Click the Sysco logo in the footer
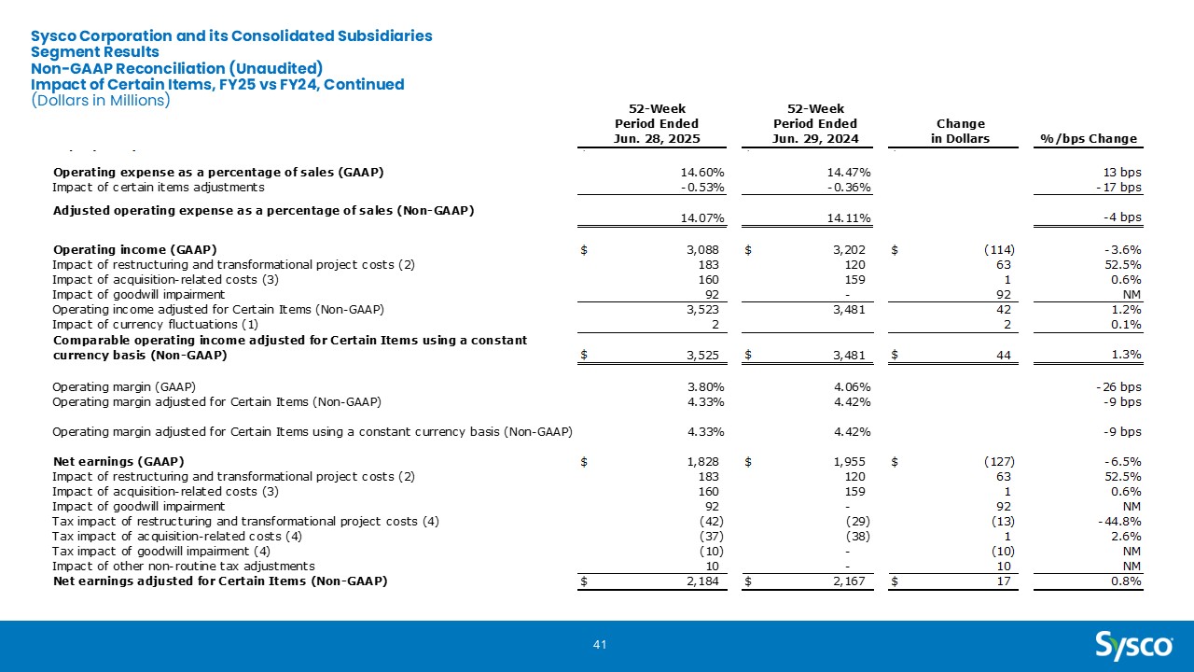(x=1133, y=646)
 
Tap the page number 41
(x=600, y=645)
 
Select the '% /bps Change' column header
(x=1089, y=139)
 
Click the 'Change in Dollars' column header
(x=961, y=132)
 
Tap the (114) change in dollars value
(x=999, y=249)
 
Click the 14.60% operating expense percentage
(x=702, y=173)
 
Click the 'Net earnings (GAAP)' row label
(x=118, y=461)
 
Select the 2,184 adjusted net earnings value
(x=703, y=581)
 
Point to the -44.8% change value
(x=1119, y=521)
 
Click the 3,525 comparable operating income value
(x=703, y=356)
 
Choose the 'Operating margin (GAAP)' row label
(x=124, y=386)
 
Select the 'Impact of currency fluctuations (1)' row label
(x=155, y=324)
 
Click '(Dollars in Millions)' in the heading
(x=101, y=100)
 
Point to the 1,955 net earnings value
(x=850, y=461)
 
